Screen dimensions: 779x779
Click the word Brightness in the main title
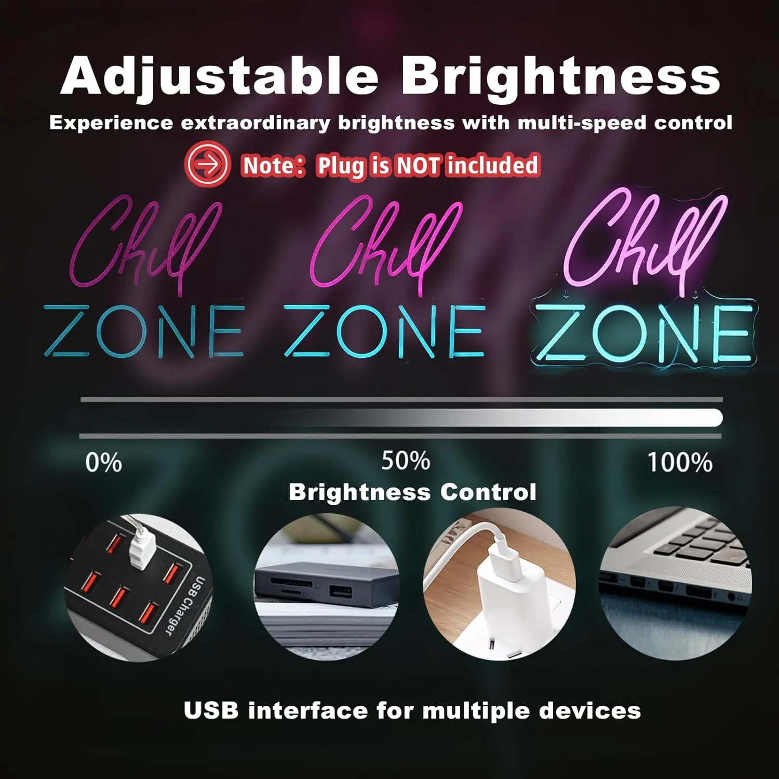(560, 77)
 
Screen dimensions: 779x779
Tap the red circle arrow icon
(207, 165)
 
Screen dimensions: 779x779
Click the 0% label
(103, 462)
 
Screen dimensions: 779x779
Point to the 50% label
(406, 461)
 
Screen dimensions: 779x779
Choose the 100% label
(679, 462)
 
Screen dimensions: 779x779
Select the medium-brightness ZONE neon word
(384, 331)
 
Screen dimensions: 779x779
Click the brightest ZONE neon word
(644, 333)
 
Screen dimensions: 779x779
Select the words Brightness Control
(412, 492)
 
